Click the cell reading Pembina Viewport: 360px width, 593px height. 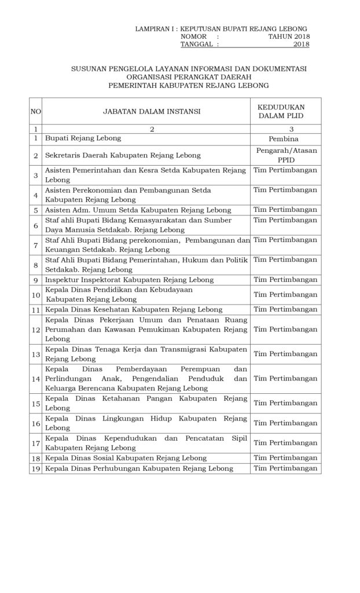click(285, 140)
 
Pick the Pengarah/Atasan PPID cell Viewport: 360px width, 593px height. click(285, 155)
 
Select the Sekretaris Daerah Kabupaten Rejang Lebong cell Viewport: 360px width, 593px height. click(123, 155)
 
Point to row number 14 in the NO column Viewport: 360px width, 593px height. click(35, 378)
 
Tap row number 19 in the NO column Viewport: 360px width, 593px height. click(35, 468)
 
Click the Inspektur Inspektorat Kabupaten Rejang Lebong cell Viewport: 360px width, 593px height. click(129, 280)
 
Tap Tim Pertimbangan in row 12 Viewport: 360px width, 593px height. click(285, 329)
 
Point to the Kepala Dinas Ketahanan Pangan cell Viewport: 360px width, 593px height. click(146, 404)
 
